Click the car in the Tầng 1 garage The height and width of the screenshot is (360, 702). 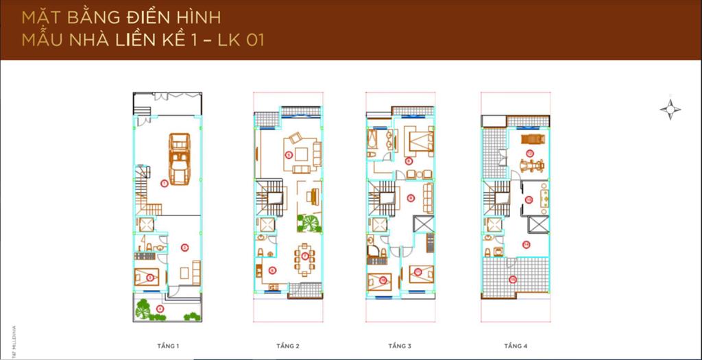pos(180,159)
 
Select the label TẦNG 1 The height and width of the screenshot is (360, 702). pos(168,346)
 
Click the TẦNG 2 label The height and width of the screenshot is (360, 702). pos(288,346)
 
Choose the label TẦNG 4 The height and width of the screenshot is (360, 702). pos(515,346)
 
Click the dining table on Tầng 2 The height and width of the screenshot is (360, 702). pos(303,261)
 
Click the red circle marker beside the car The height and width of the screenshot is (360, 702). pos(163,182)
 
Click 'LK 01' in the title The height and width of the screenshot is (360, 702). pos(241,39)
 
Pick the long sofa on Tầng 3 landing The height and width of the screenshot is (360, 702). pos(428,198)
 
